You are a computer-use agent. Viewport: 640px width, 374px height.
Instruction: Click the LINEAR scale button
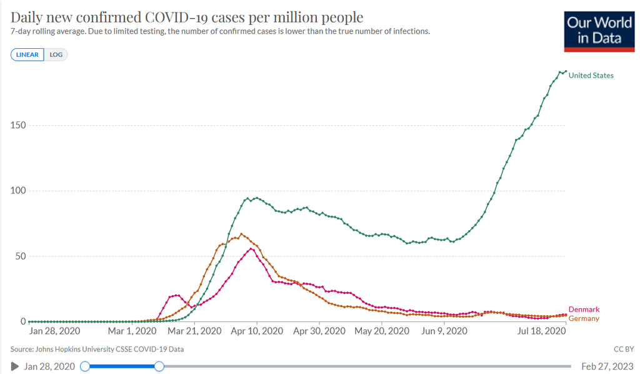27,54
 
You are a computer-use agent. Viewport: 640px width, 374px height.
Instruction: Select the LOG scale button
56,54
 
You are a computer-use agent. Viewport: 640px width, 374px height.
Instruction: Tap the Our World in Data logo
599,31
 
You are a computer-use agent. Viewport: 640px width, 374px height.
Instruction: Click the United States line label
591,76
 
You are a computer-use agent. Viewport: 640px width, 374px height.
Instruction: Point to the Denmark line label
584,310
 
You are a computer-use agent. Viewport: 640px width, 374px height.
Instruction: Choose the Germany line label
584,318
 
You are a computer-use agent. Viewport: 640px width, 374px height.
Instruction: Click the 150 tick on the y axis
18,125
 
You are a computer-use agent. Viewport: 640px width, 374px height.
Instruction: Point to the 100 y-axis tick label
18,191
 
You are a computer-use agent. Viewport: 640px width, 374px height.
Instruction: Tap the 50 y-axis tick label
21,256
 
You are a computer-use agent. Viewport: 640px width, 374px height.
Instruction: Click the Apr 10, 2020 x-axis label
257,331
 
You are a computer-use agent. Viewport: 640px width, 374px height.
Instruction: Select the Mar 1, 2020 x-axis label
132,331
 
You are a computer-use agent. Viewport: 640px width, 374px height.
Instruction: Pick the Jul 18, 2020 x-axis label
542,331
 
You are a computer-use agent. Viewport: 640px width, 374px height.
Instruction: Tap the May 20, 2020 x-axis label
382,331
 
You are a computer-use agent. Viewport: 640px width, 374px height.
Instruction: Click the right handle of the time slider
159,366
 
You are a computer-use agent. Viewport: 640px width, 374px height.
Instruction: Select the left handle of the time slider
85,366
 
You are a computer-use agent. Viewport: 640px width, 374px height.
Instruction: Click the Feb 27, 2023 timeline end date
607,366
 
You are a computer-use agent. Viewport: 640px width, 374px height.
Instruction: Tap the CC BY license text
624,350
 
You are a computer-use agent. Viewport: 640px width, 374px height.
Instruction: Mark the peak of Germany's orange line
241,234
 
